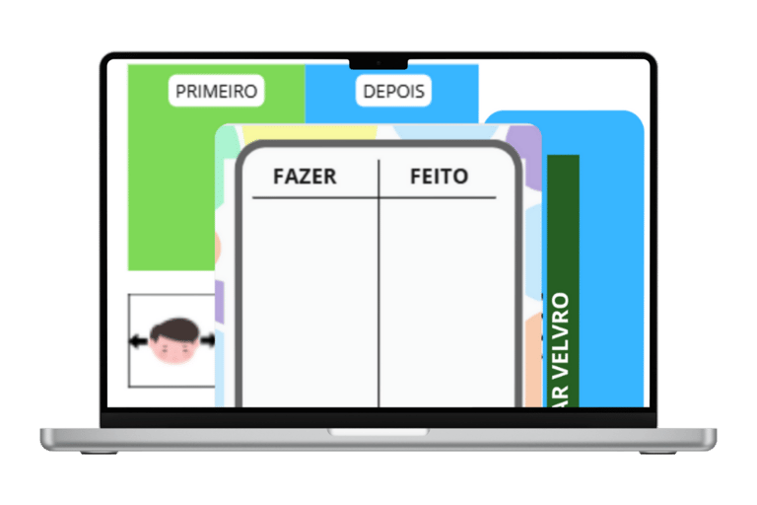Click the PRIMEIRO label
point(216,92)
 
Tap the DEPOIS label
point(393,92)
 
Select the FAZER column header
point(305,177)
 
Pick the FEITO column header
point(439,177)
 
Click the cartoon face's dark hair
point(174,328)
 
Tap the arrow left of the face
point(139,342)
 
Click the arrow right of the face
point(208,341)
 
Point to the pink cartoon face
point(174,348)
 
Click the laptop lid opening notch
point(378,432)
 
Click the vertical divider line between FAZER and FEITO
point(378,296)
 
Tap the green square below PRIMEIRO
point(168,197)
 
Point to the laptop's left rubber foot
point(100,452)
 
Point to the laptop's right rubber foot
point(657,452)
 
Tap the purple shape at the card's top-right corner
point(530,143)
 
